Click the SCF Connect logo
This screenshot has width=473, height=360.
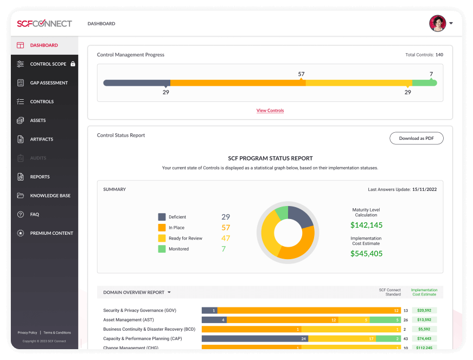click(x=44, y=24)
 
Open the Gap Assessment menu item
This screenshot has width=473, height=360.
click(x=49, y=83)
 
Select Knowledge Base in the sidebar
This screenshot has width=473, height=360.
click(x=50, y=196)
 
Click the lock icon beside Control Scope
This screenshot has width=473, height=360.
click(x=73, y=64)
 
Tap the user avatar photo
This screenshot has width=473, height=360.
click(x=437, y=23)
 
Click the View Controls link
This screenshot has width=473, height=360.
click(x=270, y=111)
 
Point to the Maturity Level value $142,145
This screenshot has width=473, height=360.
click(x=366, y=225)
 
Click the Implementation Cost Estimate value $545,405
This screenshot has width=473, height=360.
click(x=366, y=253)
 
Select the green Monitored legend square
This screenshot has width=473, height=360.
click(x=162, y=249)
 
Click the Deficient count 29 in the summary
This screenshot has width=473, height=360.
click(x=226, y=217)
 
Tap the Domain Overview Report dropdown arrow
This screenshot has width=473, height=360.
click(x=169, y=292)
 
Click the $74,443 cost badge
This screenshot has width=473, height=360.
click(x=425, y=338)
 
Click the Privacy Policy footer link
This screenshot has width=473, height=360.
click(x=27, y=332)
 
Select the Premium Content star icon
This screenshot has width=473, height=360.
click(x=20, y=233)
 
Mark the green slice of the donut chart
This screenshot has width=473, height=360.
click(x=282, y=212)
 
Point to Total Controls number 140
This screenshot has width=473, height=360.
click(x=439, y=55)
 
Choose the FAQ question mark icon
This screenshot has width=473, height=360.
click(x=20, y=214)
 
